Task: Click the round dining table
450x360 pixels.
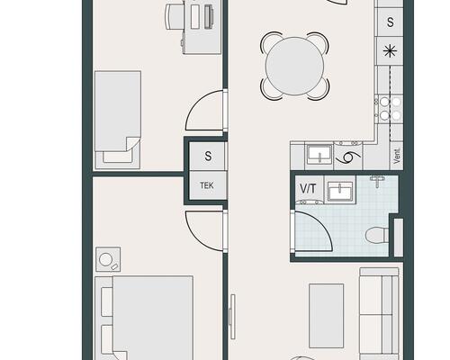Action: [x=295, y=66]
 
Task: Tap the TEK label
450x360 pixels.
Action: [x=207, y=185]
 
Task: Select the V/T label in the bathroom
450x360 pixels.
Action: [x=308, y=189]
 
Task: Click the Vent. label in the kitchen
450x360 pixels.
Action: [x=397, y=156]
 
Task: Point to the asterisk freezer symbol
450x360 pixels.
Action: [x=390, y=51]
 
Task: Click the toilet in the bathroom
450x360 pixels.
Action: [x=378, y=234]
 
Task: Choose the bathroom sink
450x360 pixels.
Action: [x=340, y=191]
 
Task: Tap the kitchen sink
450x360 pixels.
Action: [x=319, y=155]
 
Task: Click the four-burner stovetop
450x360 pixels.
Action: [x=390, y=109]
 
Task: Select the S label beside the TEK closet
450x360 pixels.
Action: [x=208, y=156]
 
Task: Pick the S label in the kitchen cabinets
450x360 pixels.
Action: [x=390, y=22]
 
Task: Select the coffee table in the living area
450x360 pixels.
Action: [x=327, y=316]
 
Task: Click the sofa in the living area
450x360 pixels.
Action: [x=380, y=313]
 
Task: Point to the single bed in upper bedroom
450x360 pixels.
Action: [x=118, y=120]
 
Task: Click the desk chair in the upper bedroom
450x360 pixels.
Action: [x=174, y=16]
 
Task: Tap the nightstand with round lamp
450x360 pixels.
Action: [x=108, y=259]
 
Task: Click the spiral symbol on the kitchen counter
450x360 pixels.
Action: [x=348, y=157]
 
